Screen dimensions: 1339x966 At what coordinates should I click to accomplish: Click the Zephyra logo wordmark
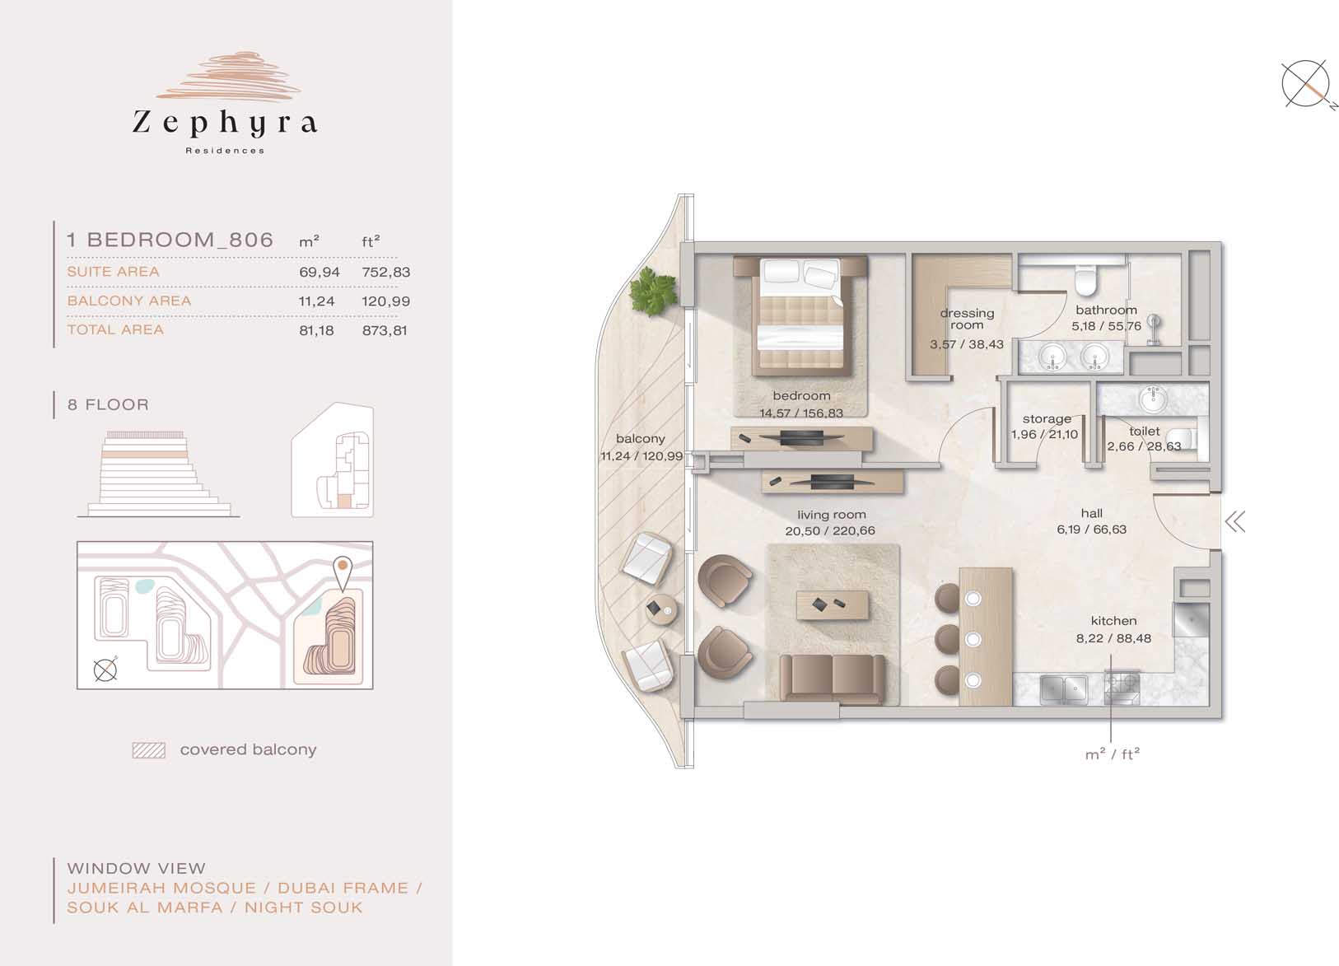pos(225,124)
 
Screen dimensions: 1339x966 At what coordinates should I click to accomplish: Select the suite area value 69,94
pos(320,272)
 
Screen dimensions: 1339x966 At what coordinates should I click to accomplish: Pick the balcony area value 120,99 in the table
pos(385,301)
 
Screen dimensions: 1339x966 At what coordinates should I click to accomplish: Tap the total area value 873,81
pos(385,330)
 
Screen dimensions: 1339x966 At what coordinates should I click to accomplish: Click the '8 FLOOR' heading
pos(108,404)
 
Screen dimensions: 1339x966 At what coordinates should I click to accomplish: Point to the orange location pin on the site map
pos(343,573)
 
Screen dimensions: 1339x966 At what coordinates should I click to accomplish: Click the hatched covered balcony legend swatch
pos(149,750)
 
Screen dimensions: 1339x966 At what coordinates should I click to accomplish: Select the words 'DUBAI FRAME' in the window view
pos(343,889)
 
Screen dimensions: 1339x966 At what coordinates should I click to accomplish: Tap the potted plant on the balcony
pos(656,291)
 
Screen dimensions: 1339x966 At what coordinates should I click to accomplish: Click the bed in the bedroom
pos(801,315)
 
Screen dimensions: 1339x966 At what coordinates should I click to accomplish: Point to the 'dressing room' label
pos(967,320)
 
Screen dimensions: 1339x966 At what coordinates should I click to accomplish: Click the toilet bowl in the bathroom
pos(1084,281)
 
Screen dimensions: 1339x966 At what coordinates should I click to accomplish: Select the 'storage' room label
pos(1046,419)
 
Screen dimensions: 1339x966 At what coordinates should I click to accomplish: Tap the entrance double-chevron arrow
pos(1235,522)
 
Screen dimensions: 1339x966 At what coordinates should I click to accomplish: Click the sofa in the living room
pos(833,679)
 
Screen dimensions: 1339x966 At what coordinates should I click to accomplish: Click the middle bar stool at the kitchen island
pos(949,638)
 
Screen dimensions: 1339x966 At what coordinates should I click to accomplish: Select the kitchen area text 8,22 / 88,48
pos(1113,638)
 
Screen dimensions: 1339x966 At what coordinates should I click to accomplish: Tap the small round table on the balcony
pos(662,609)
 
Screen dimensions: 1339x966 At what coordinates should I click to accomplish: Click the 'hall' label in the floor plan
pos(1091,514)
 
